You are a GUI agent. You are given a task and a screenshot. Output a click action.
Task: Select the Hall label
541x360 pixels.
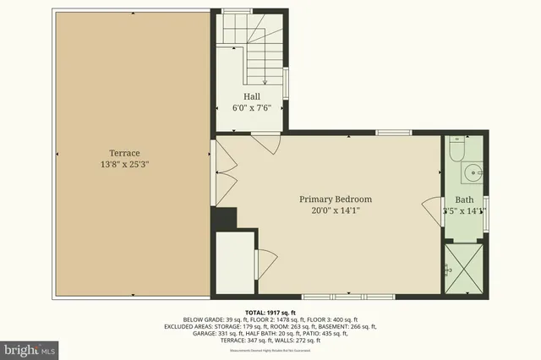click(x=253, y=97)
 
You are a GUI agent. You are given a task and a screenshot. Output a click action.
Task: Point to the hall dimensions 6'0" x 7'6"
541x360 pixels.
click(x=253, y=109)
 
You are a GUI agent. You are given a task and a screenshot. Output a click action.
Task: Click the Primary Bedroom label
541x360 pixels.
click(x=336, y=199)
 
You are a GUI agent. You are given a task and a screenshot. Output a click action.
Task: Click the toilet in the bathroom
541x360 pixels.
click(x=456, y=150)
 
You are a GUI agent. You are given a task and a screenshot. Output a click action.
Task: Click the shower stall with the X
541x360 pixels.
click(x=464, y=268)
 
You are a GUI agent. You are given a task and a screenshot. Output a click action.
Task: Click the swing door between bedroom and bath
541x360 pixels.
click(x=434, y=205)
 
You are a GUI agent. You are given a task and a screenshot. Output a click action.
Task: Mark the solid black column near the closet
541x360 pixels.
click(x=222, y=218)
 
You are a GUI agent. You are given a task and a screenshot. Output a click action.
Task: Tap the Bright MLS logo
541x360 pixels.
click(x=30, y=348)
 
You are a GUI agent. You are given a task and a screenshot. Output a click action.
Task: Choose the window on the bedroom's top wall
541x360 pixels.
click(x=394, y=133)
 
